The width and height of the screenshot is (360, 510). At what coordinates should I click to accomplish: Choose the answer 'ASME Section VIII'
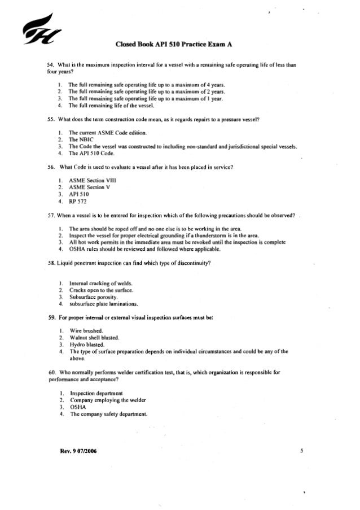91,179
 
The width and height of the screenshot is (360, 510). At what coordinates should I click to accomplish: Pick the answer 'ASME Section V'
89,186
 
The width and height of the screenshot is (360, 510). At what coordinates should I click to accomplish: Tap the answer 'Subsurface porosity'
93,297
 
